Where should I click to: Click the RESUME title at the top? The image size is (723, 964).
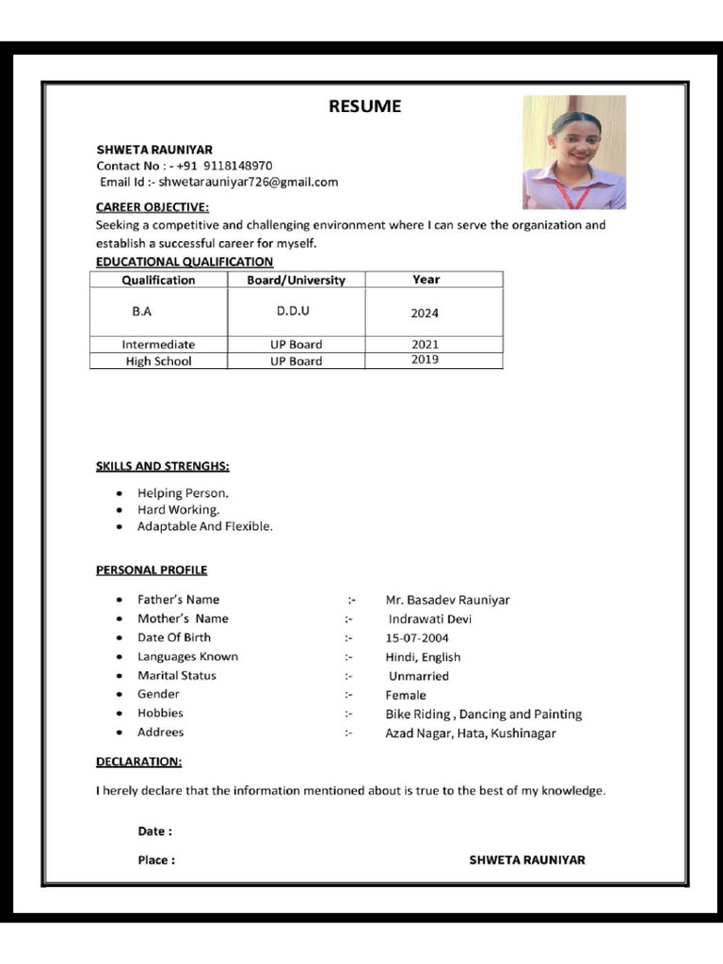pyautogui.click(x=364, y=106)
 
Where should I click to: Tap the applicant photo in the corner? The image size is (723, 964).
pyautogui.click(x=574, y=153)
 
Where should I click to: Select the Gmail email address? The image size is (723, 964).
pyautogui.click(x=249, y=182)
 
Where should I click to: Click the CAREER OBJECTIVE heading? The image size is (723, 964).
pyautogui.click(x=153, y=207)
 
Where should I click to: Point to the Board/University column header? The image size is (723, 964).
pyautogui.click(x=296, y=280)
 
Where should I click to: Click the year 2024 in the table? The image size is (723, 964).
pyautogui.click(x=425, y=313)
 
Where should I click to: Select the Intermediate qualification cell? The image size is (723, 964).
pyautogui.click(x=158, y=345)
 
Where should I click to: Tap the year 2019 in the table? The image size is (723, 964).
pyautogui.click(x=425, y=360)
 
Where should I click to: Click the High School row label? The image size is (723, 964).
pyautogui.click(x=158, y=361)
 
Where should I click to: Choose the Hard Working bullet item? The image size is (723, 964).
pyautogui.click(x=178, y=509)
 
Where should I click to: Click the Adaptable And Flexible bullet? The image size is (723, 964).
pyautogui.click(x=205, y=526)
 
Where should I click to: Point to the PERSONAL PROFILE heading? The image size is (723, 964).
pyautogui.click(x=152, y=570)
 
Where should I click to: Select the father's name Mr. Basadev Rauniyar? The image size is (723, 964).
pyautogui.click(x=447, y=600)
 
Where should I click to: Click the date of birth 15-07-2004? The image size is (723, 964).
pyautogui.click(x=417, y=638)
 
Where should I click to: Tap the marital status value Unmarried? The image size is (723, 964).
pyautogui.click(x=419, y=676)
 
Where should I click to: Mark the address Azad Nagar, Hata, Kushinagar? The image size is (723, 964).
pyautogui.click(x=471, y=733)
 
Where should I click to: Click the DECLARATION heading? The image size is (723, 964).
pyautogui.click(x=139, y=761)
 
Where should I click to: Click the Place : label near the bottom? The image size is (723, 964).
pyautogui.click(x=156, y=860)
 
